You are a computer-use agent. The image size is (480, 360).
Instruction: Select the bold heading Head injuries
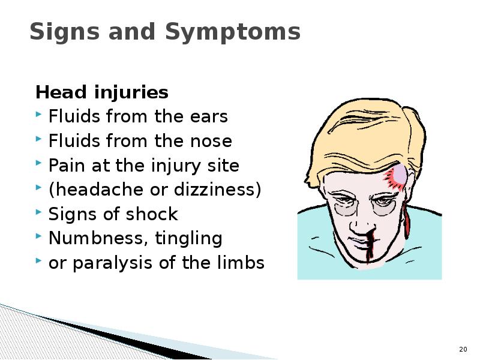point(102,93)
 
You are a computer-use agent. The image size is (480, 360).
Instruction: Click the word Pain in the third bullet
point(64,166)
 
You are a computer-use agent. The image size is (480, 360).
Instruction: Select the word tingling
point(188,239)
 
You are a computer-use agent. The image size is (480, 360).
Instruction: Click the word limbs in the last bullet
point(240,263)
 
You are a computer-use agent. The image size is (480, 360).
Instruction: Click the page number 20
point(463,349)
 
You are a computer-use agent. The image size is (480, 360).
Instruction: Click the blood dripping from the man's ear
point(409,223)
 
